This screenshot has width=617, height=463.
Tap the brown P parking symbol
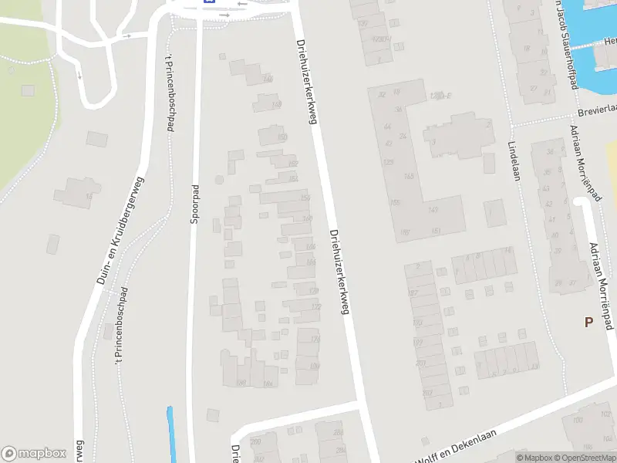tap(588, 323)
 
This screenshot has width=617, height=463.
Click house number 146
tap(268, 79)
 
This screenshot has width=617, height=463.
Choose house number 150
tap(282, 137)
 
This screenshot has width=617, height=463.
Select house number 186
tap(241, 382)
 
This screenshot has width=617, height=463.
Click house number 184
tap(268, 384)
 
